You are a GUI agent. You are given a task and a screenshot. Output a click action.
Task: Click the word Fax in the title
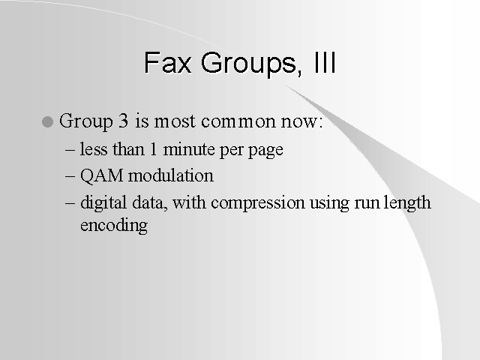168,63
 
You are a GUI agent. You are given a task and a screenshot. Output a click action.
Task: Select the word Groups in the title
249,65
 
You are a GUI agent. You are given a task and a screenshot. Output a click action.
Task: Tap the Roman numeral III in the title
325,62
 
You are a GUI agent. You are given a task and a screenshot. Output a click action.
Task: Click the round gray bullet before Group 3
47,121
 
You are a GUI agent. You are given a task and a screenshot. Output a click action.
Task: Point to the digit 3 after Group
123,121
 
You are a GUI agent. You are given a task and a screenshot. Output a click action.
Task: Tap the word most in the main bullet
175,121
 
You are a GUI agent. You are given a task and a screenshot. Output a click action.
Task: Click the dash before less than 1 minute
70,150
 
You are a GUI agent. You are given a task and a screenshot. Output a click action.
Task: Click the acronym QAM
102,175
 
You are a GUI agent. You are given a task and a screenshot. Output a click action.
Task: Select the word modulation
171,175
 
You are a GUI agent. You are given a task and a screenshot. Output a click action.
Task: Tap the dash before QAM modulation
70,177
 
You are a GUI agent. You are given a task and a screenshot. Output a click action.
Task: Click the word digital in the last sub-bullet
103,203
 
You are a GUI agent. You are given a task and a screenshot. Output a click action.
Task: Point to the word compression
258,203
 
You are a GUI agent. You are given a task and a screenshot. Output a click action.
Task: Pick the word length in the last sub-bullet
407,203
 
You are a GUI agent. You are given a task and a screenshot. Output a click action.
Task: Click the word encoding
114,226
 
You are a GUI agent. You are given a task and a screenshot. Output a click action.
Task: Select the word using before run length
329,203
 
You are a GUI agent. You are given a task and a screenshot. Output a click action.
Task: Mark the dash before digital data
70,203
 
